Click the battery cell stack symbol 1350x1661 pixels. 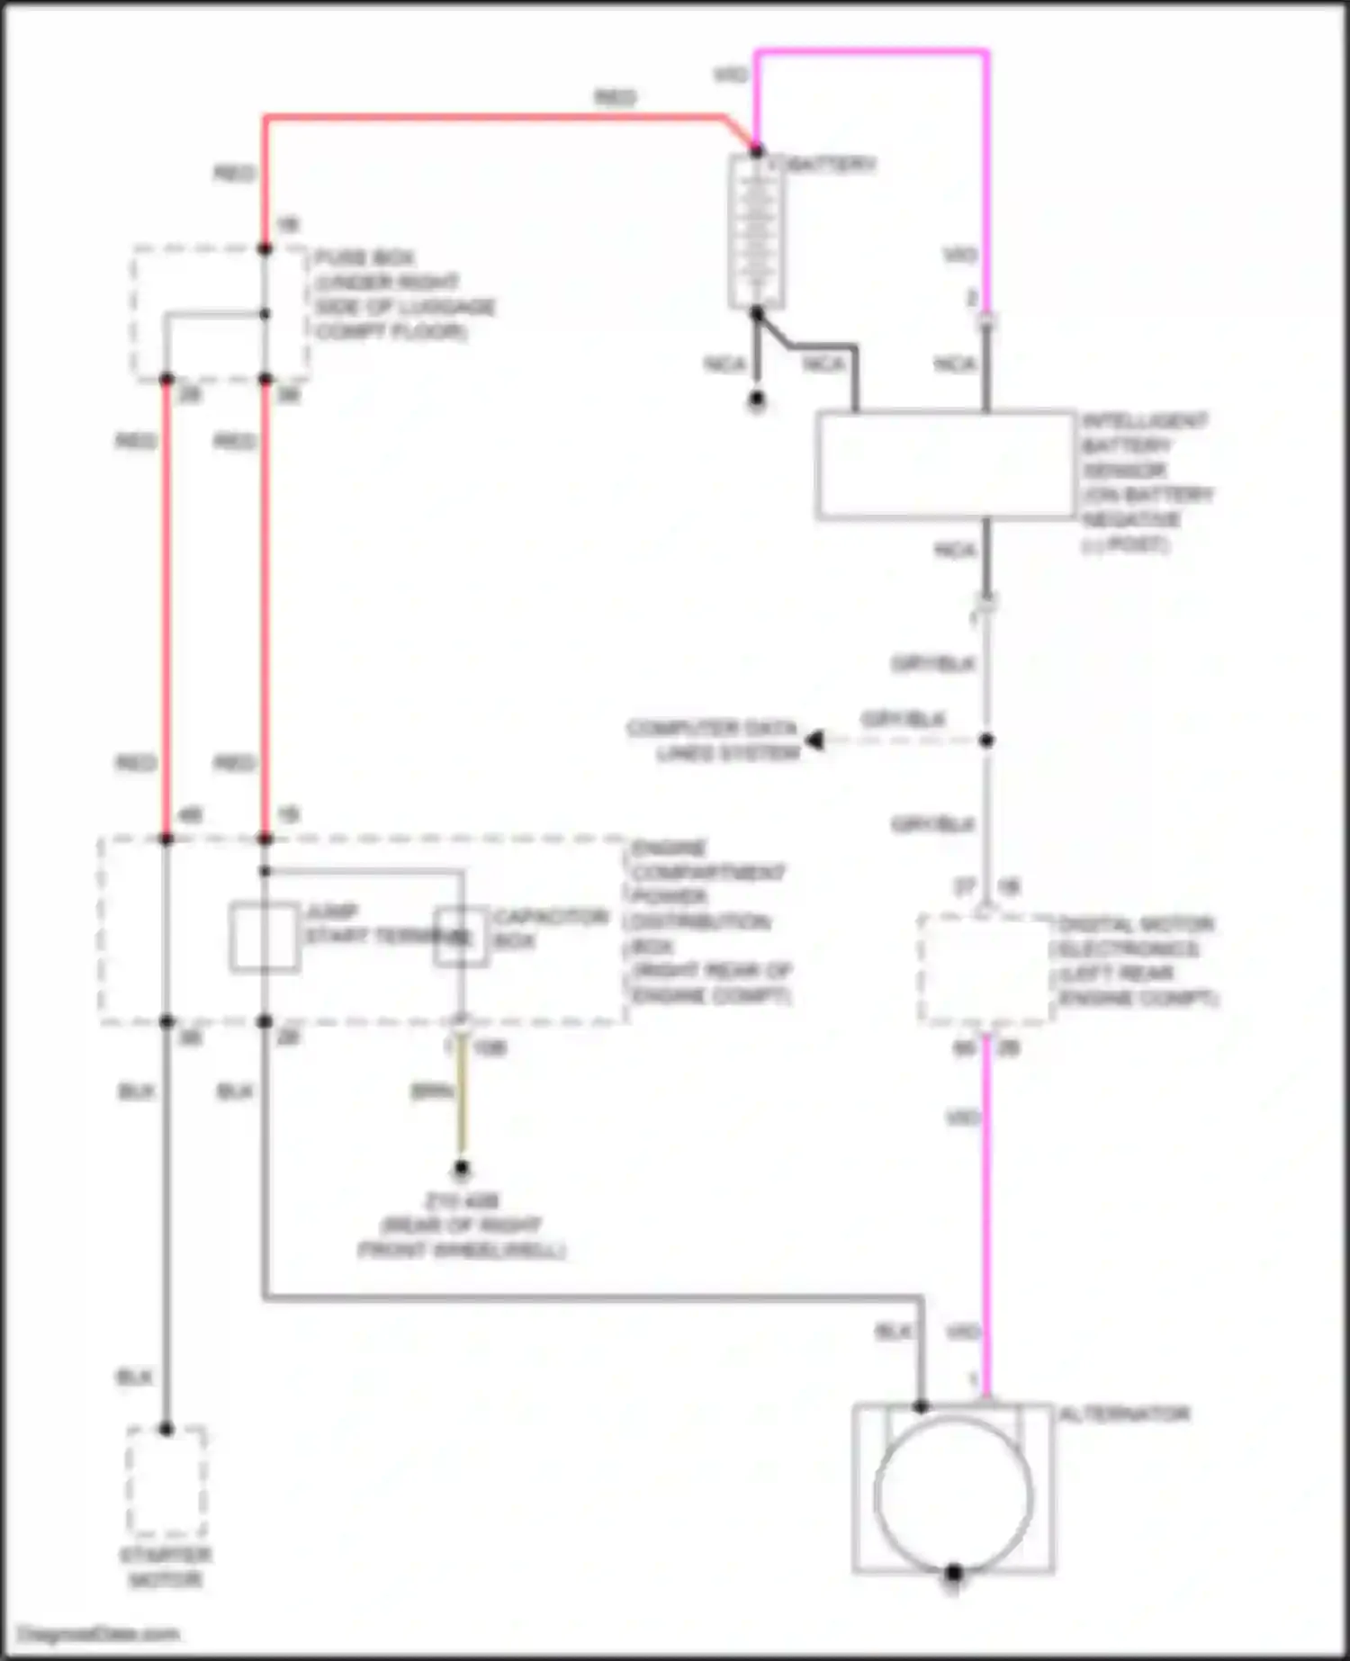pos(756,231)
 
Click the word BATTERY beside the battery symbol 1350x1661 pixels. pos(832,165)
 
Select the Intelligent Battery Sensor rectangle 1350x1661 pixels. pos(945,465)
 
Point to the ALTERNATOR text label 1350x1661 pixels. pos(1124,1414)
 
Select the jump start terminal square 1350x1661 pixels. pos(264,937)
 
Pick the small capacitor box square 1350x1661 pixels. pos(461,937)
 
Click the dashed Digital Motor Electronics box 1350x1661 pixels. pos(985,969)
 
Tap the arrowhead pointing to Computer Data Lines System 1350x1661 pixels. pos(814,741)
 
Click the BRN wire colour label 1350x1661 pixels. pos(430,1091)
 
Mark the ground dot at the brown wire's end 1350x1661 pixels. pos(461,1169)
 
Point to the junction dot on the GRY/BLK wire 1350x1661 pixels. pos(986,741)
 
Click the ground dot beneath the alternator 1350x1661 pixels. pos(953,1573)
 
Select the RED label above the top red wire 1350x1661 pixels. pos(615,97)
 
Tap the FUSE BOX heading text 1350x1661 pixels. pos(364,258)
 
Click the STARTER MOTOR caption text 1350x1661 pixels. pos(166,1567)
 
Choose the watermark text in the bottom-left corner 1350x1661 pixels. pos(99,1633)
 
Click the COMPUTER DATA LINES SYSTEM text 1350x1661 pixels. pos(713,740)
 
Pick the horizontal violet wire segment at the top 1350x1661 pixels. pos(871,52)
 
